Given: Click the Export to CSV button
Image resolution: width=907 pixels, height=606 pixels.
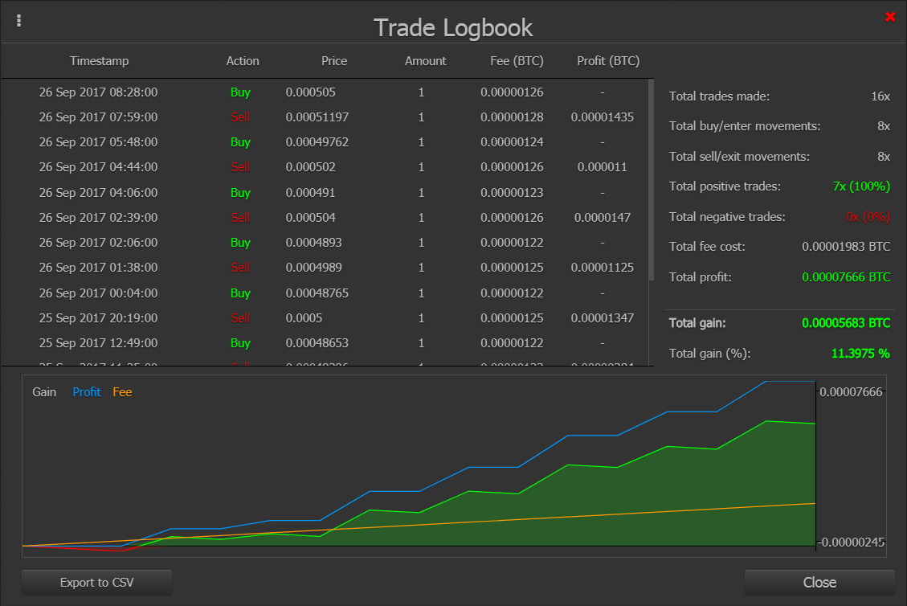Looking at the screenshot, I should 96,583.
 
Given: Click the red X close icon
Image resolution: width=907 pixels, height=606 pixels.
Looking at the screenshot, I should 890,17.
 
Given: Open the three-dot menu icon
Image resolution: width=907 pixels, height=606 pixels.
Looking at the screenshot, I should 19,21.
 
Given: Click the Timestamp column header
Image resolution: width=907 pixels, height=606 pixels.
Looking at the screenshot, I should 99,61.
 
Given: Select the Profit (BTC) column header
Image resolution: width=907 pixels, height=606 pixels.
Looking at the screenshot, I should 608,61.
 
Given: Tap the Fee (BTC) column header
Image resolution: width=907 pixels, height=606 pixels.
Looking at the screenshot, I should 517,61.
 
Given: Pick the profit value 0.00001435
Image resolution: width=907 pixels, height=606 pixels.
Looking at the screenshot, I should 603,117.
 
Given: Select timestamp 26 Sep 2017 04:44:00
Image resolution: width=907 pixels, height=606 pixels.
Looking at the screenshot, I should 98,167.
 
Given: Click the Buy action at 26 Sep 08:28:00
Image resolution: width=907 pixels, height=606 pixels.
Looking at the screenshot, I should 240,92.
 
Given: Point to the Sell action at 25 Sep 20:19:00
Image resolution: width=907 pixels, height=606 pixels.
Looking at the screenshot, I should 240,318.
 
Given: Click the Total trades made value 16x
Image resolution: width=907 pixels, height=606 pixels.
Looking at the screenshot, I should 881,96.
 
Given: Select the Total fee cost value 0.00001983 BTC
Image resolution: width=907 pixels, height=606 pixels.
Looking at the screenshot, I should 846,247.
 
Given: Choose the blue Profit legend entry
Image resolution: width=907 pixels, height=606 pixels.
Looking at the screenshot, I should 87,392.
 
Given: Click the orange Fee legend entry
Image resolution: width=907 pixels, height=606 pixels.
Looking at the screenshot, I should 122,392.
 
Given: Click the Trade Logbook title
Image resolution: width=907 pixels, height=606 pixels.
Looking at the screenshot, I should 453,28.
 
